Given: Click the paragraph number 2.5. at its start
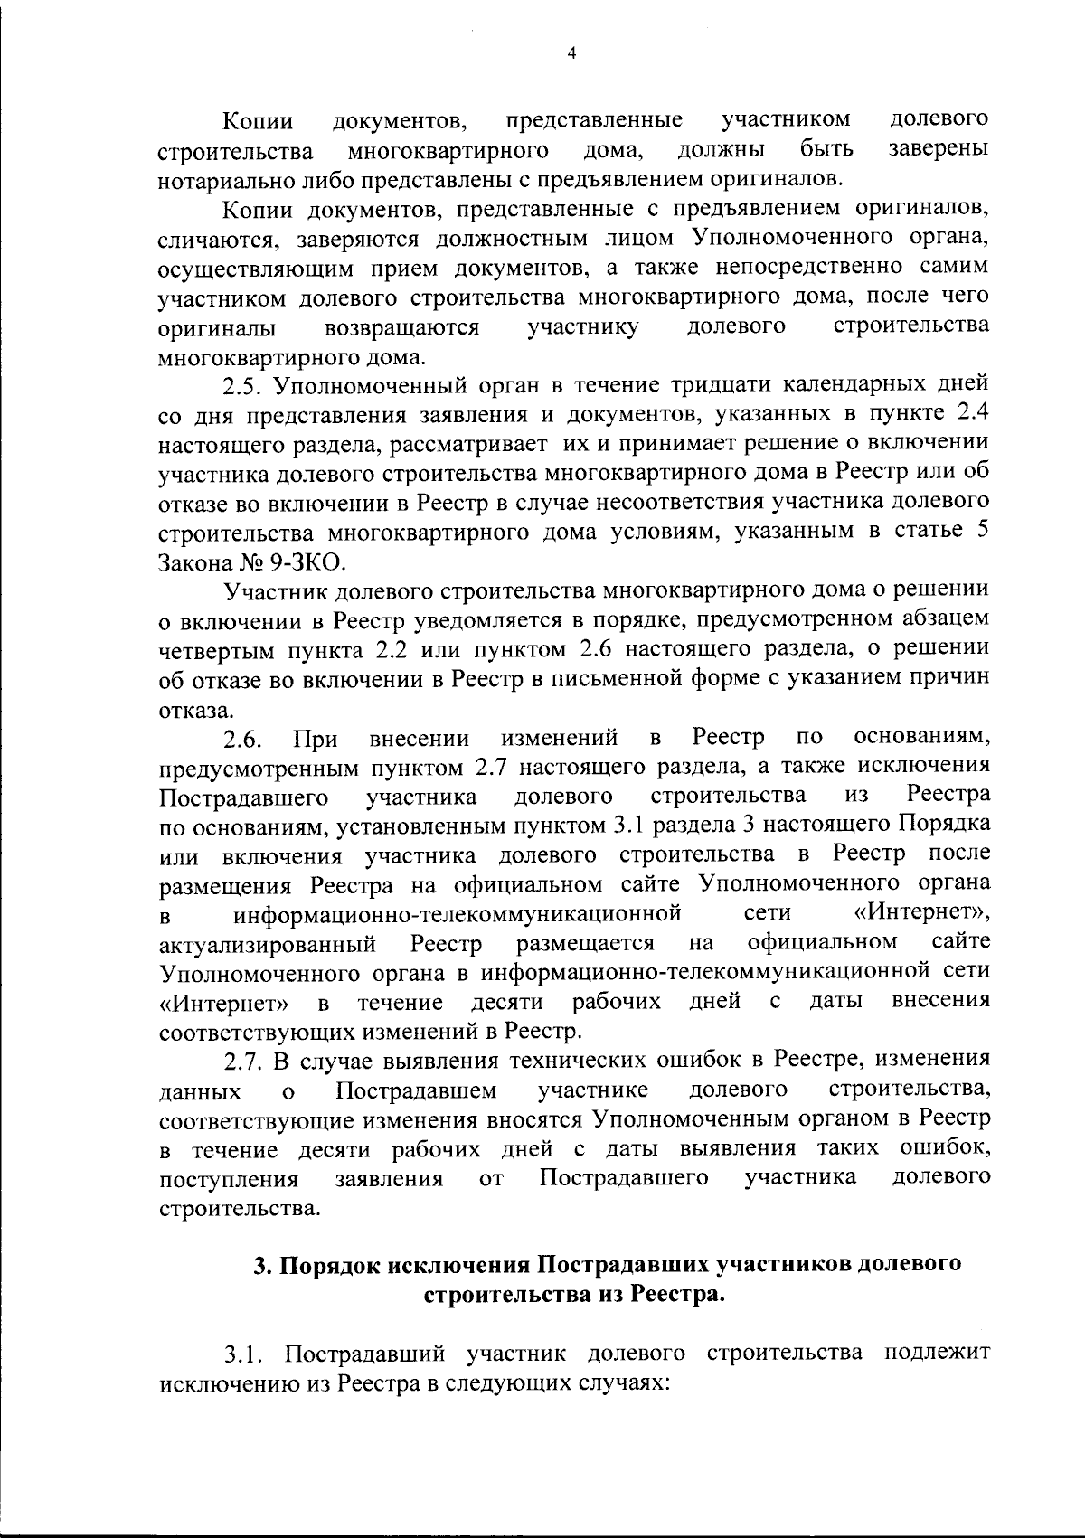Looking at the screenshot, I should point(243,385).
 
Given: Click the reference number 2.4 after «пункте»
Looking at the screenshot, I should point(971,414).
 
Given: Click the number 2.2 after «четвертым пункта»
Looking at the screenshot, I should point(387,650).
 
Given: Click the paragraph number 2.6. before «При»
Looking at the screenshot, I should point(243,739).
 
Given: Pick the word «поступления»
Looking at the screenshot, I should point(228,1179).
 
